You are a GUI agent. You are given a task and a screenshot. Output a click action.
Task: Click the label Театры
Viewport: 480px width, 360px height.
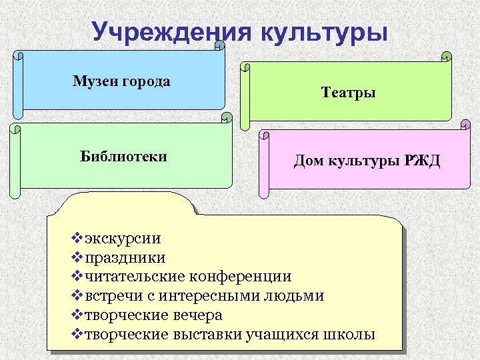click(349, 93)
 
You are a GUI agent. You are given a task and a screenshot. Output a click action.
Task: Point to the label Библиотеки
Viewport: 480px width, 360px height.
click(123, 157)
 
